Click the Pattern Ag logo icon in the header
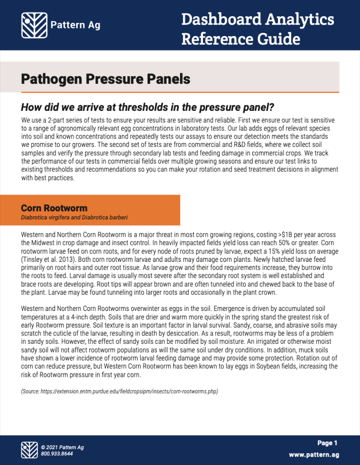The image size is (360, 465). [34, 25]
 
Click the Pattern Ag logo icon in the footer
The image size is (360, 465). [29, 450]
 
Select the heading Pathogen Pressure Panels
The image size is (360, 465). [105, 79]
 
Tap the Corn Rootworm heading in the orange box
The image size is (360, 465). [54, 208]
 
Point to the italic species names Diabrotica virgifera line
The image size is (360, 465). [74, 217]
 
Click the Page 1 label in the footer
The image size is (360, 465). [327, 443]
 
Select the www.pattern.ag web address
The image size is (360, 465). [314, 455]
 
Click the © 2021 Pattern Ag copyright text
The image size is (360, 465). [62, 447]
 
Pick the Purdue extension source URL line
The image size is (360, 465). [120, 391]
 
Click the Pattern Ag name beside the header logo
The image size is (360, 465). [75, 25]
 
